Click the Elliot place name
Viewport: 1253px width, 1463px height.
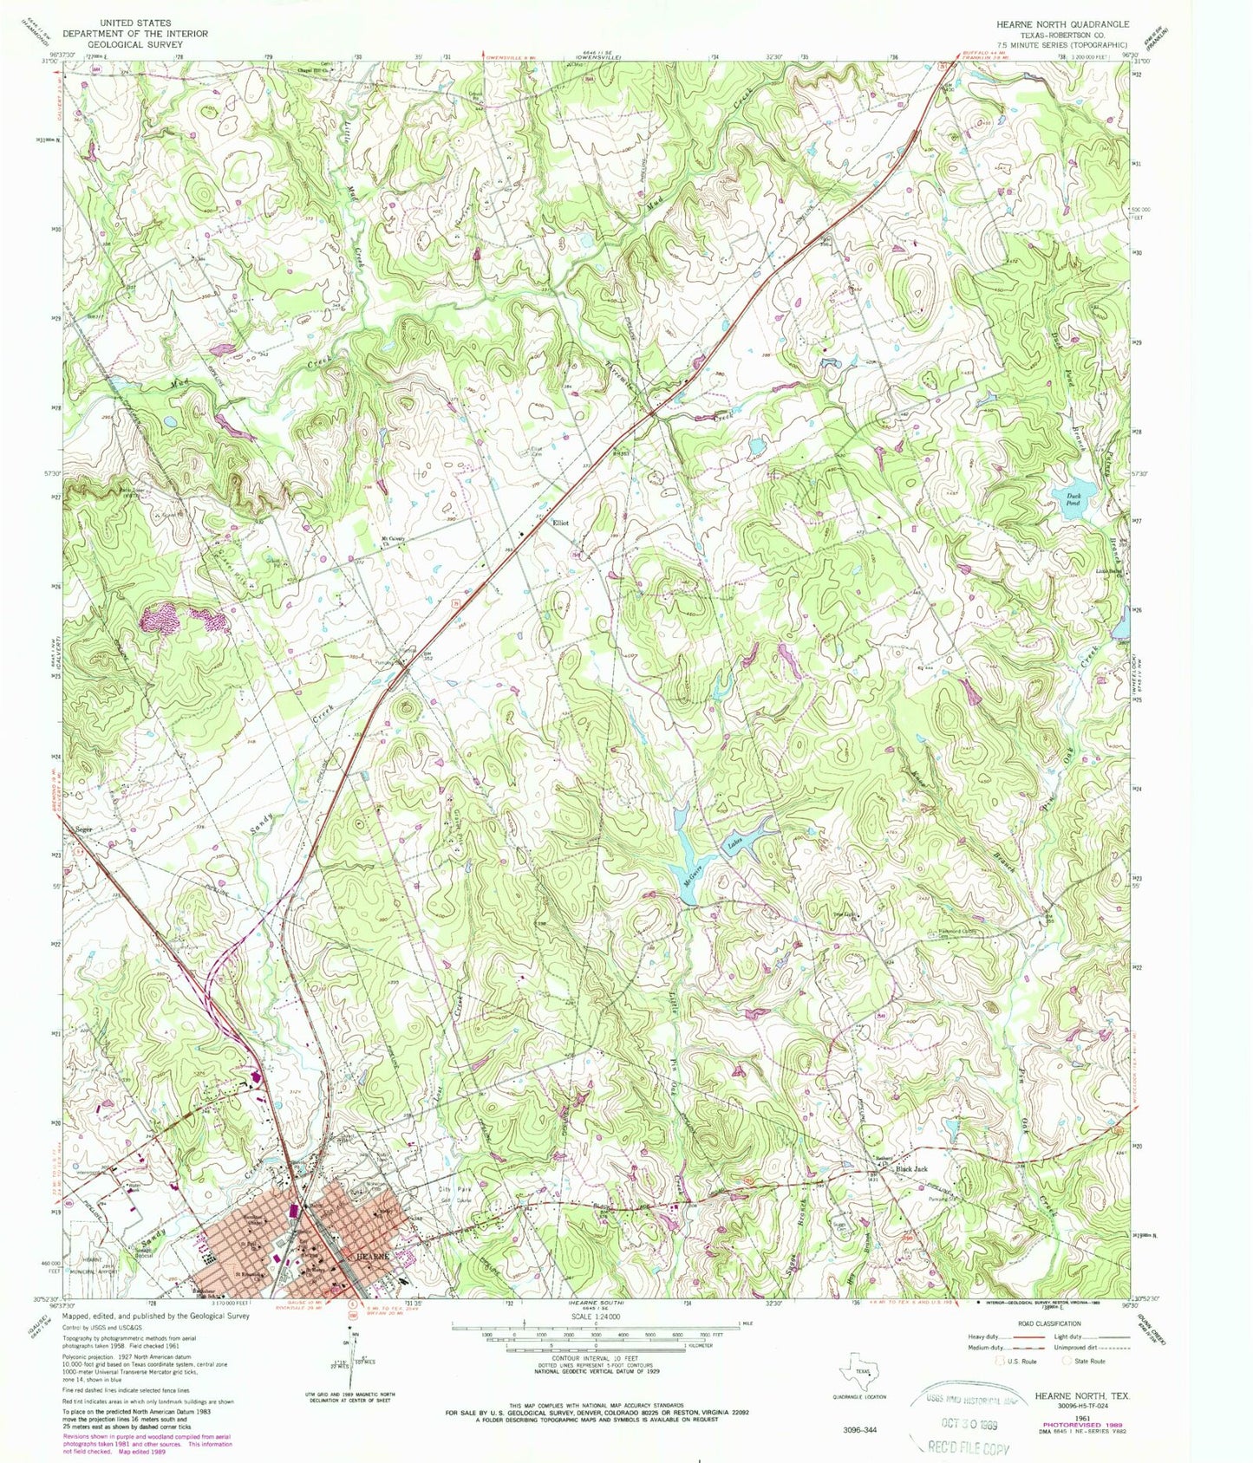click(561, 523)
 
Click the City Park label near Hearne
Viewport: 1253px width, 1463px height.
click(452, 1189)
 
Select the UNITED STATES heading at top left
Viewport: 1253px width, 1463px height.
click(134, 22)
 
